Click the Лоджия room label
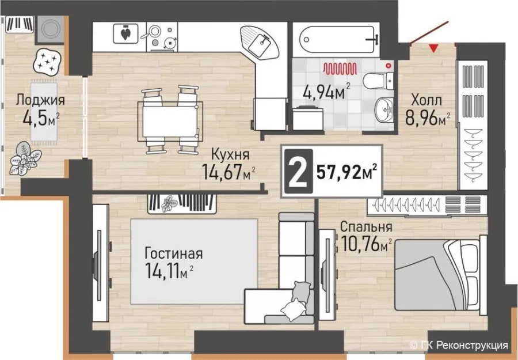click(x=40, y=100)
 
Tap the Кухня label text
click(x=230, y=154)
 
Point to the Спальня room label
click(x=367, y=227)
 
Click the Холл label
click(x=426, y=100)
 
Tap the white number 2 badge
click(x=298, y=171)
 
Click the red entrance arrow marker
click(x=434, y=49)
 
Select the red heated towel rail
click(x=340, y=69)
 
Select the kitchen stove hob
click(x=162, y=37)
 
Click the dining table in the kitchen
click(x=170, y=120)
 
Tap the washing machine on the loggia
click(x=49, y=29)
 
